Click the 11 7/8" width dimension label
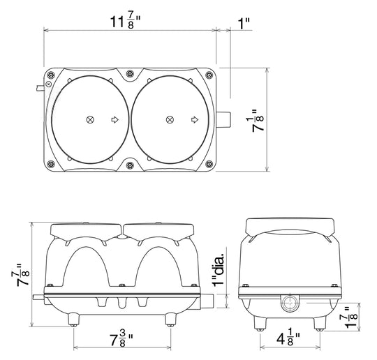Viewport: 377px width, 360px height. click(x=125, y=22)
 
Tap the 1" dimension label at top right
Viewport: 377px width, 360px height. click(x=244, y=24)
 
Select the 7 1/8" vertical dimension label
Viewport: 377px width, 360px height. click(x=258, y=121)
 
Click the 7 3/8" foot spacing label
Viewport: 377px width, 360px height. click(x=121, y=338)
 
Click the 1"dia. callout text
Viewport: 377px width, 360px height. click(x=219, y=266)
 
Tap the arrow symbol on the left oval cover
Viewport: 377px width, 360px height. click(x=115, y=119)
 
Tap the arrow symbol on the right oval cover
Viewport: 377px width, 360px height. click(x=195, y=119)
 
